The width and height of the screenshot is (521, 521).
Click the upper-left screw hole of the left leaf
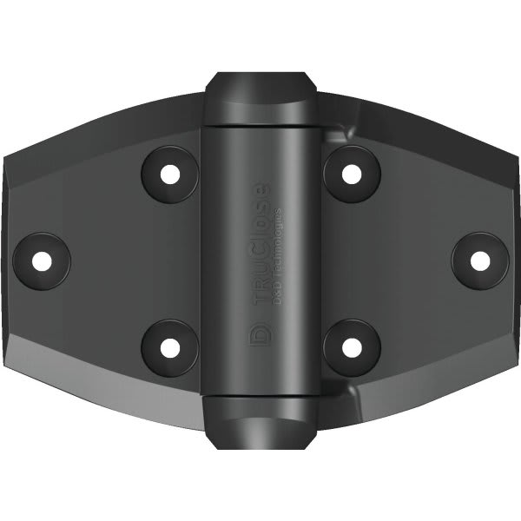(170, 173)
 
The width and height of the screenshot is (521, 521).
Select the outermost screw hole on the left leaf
(41, 259)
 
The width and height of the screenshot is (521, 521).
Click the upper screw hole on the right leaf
(351, 173)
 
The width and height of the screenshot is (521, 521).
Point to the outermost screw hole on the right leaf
(479, 259)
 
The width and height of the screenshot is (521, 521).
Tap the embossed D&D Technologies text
(276, 252)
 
